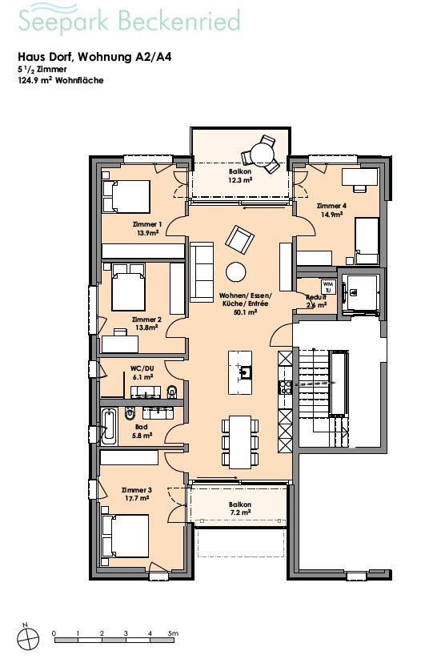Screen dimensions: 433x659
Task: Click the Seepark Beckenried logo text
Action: tap(130, 20)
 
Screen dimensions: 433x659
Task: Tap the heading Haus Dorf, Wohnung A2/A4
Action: tap(94, 57)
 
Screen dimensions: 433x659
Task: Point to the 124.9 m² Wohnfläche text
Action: tap(61, 80)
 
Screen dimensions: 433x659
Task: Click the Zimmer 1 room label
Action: tap(147, 224)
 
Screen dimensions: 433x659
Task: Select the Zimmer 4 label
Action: tap(331, 206)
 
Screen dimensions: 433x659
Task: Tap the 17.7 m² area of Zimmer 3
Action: tap(137, 498)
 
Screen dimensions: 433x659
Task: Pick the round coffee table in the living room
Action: tap(235, 272)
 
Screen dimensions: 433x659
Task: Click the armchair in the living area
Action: tap(240, 240)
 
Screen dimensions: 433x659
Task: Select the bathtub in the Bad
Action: tap(109, 427)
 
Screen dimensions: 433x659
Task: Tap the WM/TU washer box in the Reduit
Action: tap(328, 287)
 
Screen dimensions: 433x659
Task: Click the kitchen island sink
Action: tap(245, 372)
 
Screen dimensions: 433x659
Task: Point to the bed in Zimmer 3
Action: tap(126, 536)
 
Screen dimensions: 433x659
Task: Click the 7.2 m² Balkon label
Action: tap(240, 508)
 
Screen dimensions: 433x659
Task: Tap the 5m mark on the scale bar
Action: tap(173, 633)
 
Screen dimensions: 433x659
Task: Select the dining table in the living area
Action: tap(240, 442)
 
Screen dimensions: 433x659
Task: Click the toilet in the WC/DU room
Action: tap(173, 392)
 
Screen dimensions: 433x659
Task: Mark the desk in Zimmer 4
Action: tap(359, 177)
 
